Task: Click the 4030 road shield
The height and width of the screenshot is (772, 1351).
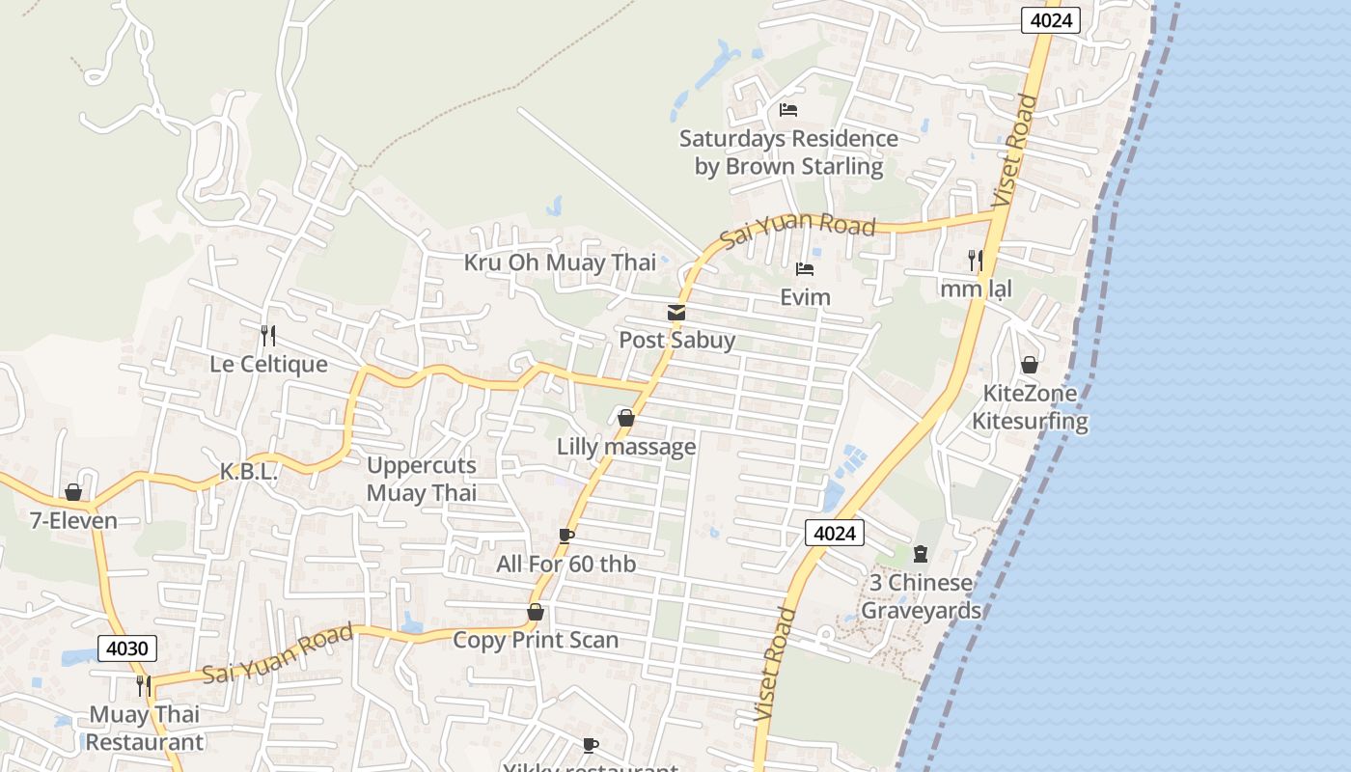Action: (126, 648)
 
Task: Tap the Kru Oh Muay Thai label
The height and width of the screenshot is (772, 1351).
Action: (560, 262)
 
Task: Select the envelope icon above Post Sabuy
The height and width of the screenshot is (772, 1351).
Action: (675, 313)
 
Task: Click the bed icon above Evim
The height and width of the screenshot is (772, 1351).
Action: (805, 269)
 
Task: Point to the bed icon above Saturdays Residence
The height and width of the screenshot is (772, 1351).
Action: (788, 110)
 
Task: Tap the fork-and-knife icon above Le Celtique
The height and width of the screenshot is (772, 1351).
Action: (268, 336)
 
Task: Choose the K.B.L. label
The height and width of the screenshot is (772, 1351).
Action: (249, 473)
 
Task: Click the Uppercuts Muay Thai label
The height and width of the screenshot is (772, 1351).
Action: (422, 480)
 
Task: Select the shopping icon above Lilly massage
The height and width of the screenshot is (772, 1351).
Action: (625, 419)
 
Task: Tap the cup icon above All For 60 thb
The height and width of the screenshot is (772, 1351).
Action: (566, 536)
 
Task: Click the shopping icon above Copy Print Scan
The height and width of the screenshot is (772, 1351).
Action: (536, 613)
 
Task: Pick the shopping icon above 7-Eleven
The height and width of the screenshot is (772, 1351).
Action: (73, 493)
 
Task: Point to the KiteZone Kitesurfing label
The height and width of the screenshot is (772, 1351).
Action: (1030, 407)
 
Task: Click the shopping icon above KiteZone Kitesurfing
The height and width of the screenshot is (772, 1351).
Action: (1030, 366)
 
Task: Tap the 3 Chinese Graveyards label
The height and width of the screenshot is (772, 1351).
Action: (921, 596)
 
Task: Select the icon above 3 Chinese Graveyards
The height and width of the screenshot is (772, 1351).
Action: (920, 554)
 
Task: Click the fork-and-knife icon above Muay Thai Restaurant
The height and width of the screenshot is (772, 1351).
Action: (144, 686)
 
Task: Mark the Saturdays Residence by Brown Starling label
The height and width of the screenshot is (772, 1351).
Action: (788, 152)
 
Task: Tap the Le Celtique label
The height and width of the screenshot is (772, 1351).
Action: (269, 365)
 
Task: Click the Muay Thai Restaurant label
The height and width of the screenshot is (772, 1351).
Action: (145, 729)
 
